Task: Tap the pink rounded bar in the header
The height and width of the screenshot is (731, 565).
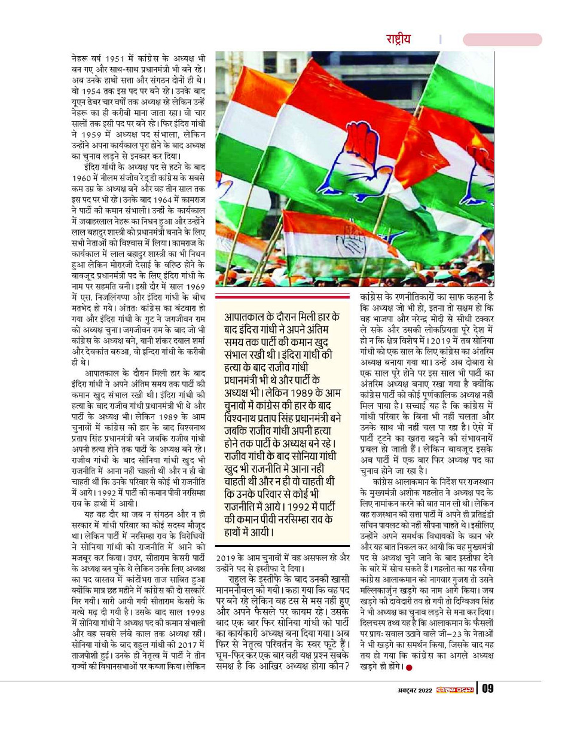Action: [x=502, y=39]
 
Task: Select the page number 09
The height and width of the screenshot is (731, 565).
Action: [x=488, y=689]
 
